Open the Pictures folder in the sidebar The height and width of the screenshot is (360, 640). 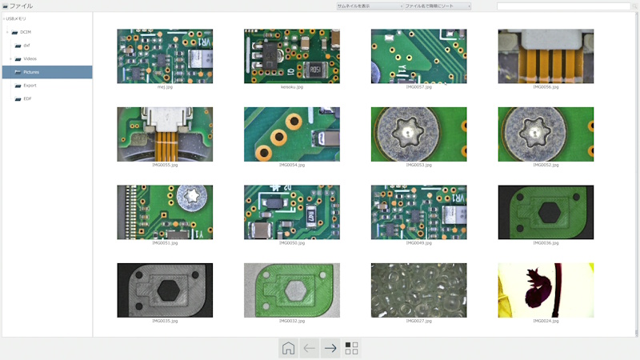click(x=31, y=72)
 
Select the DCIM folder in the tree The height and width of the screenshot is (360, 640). click(x=26, y=32)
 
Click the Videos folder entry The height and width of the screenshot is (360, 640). click(x=30, y=58)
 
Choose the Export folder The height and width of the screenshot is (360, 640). click(x=30, y=85)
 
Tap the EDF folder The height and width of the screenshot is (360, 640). click(x=27, y=98)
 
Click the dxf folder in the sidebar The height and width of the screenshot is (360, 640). click(x=26, y=46)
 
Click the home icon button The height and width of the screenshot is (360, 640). click(x=289, y=348)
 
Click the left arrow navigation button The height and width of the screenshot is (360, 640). click(x=310, y=348)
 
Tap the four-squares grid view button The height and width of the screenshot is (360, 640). click(x=351, y=348)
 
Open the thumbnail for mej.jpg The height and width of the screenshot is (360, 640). click(x=165, y=56)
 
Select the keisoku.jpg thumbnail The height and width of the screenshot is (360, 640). click(x=291, y=56)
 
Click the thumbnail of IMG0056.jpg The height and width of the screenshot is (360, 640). click(x=546, y=56)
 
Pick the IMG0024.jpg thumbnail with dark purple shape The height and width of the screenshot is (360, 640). click(x=546, y=290)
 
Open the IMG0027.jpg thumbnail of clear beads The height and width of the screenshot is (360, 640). click(x=418, y=290)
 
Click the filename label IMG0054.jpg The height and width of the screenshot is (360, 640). click(x=291, y=165)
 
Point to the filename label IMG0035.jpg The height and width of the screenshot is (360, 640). click(x=165, y=321)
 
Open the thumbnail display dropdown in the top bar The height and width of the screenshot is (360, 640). click(x=368, y=6)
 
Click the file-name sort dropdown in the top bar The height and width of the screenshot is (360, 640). click(x=436, y=6)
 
